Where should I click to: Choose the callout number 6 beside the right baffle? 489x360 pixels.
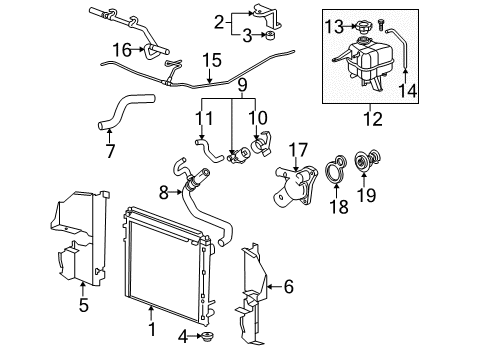tap(288, 287)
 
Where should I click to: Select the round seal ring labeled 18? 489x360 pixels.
tap(340, 165)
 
